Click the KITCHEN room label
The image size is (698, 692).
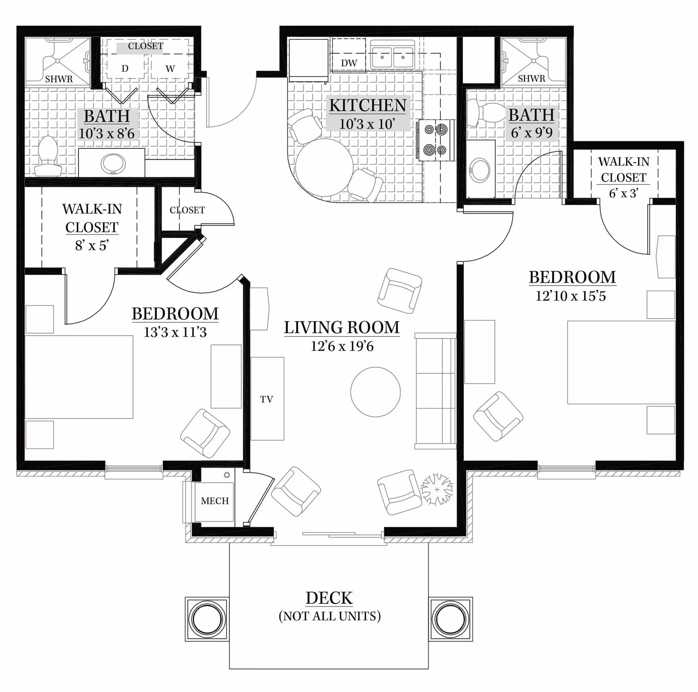pyautogui.click(x=368, y=105)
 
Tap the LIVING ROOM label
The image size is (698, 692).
pyautogui.click(x=342, y=327)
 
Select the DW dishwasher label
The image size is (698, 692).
pyautogui.click(x=349, y=63)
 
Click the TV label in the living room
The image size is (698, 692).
pyautogui.click(x=266, y=399)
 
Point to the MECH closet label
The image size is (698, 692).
pyautogui.click(x=215, y=501)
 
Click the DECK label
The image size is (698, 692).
pyautogui.click(x=329, y=598)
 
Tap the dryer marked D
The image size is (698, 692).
pyautogui.click(x=125, y=64)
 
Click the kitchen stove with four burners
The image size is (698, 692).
pyautogui.click(x=436, y=140)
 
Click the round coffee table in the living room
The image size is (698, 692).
pyautogui.click(x=376, y=392)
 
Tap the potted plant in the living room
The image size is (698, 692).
pyautogui.click(x=437, y=489)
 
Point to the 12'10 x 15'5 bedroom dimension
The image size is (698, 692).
pyautogui.click(x=571, y=296)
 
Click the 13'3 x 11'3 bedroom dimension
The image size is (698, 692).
pyautogui.click(x=175, y=332)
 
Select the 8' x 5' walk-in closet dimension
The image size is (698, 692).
pyautogui.click(x=92, y=245)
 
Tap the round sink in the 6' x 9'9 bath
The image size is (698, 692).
pyautogui.click(x=480, y=170)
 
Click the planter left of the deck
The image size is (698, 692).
pyautogui.click(x=207, y=619)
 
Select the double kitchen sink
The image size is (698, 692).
pyautogui.click(x=393, y=56)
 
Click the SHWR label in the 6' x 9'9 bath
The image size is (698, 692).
pyautogui.click(x=531, y=79)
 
